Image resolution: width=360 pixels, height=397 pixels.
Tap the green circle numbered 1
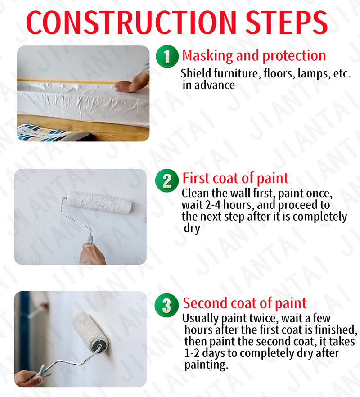(167, 57)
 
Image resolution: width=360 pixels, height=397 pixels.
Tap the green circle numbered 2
(167, 180)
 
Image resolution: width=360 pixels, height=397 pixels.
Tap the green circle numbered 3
(167, 305)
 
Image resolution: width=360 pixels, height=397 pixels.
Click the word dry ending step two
(192, 228)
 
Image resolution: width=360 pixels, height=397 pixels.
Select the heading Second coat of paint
(244, 303)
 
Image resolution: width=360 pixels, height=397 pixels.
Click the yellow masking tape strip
(67, 81)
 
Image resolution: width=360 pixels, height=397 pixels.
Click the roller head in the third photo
(92, 331)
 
